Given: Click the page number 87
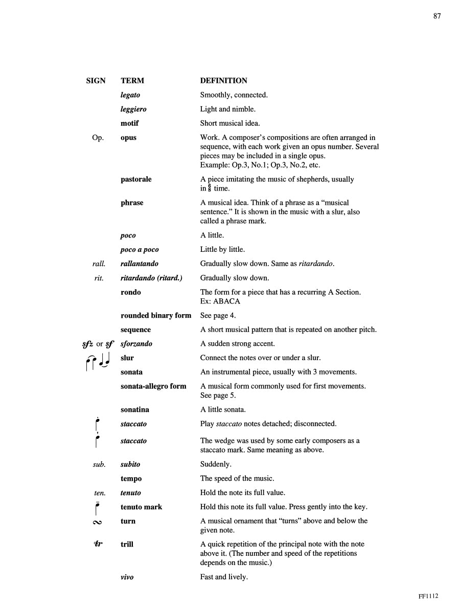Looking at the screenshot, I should click(436, 16).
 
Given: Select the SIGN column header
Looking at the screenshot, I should click(96, 81).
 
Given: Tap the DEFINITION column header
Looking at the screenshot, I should click(223, 81).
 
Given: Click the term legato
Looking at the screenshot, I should click(130, 95).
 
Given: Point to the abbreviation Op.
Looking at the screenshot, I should click(98, 138).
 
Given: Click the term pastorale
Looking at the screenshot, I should click(136, 179).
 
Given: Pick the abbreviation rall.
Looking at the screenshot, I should click(97, 264).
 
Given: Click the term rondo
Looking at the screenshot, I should click(131, 292).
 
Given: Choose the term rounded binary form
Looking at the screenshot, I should click(156, 316).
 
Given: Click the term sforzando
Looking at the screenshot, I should click(136, 344).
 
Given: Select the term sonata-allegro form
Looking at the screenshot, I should click(153, 386).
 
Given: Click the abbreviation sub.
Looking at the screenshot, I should click(99, 464).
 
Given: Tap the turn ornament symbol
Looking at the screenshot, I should click(97, 522).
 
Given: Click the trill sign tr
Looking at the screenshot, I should click(98, 544).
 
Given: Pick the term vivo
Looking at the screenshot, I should click(127, 577).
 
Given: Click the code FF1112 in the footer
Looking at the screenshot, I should click(428, 596).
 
